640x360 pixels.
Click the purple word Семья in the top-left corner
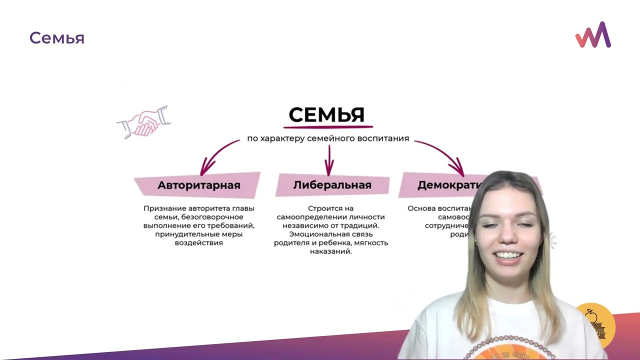[x=56, y=38]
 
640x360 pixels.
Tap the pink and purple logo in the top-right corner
[x=593, y=35]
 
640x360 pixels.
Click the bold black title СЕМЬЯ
[x=326, y=115]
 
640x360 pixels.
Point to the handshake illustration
[x=143, y=122]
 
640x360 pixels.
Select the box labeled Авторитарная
[x=198, y=185]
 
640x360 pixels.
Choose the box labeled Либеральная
[x=332, y=185]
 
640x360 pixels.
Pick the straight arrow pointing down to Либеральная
[x=329, y=160]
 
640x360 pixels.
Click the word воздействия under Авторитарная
[x=198, y=243]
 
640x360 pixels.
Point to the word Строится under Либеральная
[x=323, y=208]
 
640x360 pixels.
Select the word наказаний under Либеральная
[x=330, y=251]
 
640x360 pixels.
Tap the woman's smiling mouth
[x=508, y=255]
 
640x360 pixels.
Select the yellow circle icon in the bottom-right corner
[x=595, y=325]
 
